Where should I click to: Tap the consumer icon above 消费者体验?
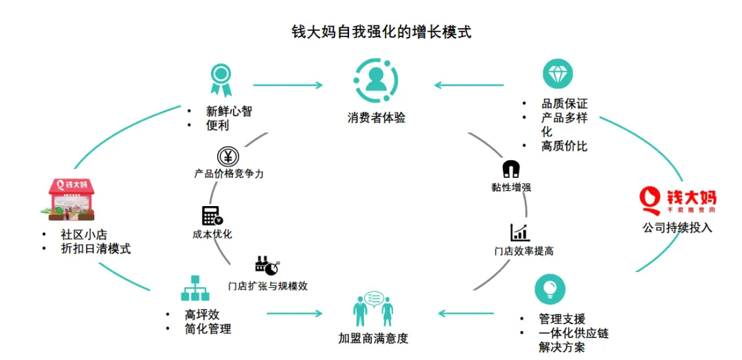[375, 80]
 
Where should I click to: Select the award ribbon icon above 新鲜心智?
[221, 79]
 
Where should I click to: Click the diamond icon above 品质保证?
[557, 74]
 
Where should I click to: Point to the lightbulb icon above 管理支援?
[550, 289]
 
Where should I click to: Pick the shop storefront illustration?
[71, 196]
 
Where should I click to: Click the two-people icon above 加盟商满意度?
[373, 309]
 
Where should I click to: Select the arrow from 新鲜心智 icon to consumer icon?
[287, 85]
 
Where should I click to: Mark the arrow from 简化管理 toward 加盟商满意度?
[294, 314]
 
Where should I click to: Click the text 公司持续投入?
[677, 227]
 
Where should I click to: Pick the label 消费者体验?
[376, 117]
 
